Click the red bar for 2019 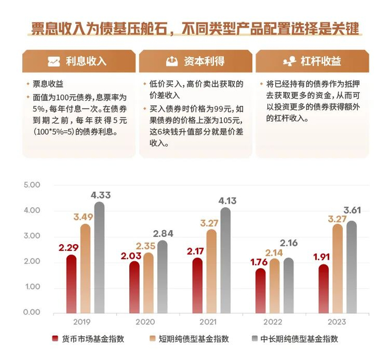tap(71, 284)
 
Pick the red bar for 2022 tap(261, 290)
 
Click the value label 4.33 tap(100, 195)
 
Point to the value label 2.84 tap(163, 233)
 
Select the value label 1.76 tap(260, 261)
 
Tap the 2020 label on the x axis tap(146, 322)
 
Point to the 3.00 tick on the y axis tap(32, 236)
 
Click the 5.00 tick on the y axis tap(32, 184)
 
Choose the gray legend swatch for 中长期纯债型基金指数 tap(254, 338)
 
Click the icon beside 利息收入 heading tap(53, 61)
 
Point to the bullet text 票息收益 tap(48, 84)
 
